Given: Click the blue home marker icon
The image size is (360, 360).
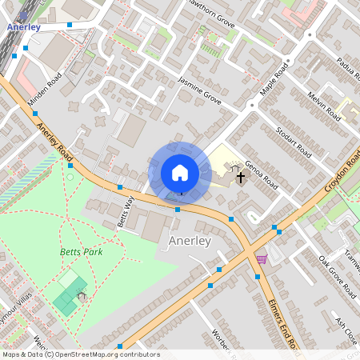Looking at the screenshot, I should (x=180, y=173).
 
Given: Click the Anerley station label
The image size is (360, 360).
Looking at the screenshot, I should (x=23, y=26).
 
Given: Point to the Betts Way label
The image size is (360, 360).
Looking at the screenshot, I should (x=126, y=210).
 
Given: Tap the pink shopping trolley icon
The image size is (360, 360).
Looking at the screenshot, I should (x=262, y=259).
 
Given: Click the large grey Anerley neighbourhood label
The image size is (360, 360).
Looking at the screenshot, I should (x=190, y=240).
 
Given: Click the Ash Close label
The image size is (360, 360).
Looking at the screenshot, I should (x=346, y=329).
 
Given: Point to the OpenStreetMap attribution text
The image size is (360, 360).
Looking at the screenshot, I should (x=80, y=354).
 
